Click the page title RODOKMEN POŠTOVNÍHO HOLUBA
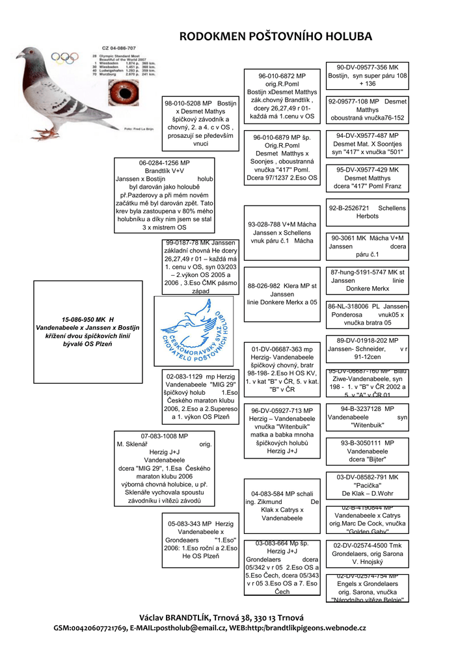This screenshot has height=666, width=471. pyautogui.click(x=276, y=36)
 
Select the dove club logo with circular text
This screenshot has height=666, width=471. pyautogui.click(x=195, y=331)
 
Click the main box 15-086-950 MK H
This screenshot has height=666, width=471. pyautogui.click(x=88, y=331)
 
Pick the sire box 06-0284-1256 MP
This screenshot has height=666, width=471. pyautogui.click(x=164, y=195)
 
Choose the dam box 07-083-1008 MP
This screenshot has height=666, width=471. pyautogui.click(x=164, y=468)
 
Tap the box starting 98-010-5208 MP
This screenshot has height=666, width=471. pyautogui.click(x=201, y=124)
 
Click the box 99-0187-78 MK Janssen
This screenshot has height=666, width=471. pyautogui.click(x=201, y=267)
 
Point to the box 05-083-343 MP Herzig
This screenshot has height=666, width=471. pyautogui.click(x=200, y=539)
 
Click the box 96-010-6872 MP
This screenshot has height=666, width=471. pyautogui.click(x=282, y=96)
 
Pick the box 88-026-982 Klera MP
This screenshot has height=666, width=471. pyautogui.click(x=282, y=294)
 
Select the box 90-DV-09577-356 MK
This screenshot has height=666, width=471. pyautogui.click(x=368, y=75)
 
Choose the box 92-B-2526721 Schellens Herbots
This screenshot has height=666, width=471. pyautogui.click(x=368, y=212)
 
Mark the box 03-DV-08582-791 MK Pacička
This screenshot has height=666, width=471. pyautogui.click(x=368, y=485)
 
